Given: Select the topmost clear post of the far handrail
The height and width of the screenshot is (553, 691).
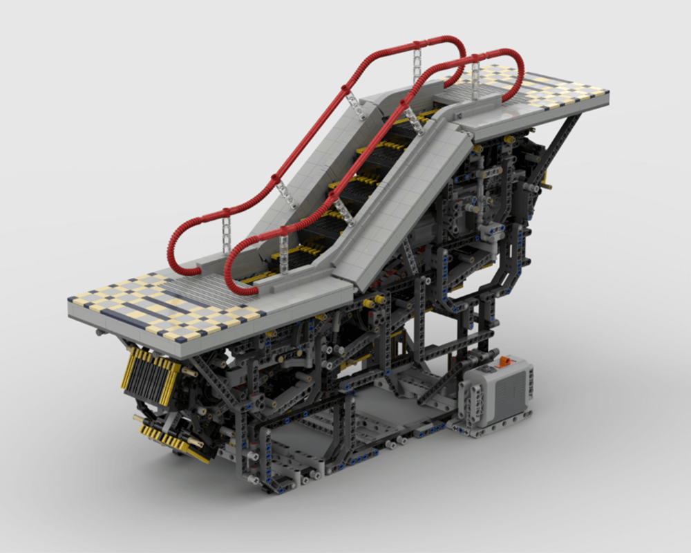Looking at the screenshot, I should point(417,62).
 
